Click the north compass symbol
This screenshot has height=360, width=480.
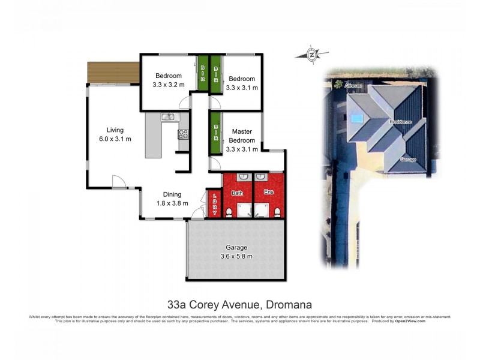pos(312,55)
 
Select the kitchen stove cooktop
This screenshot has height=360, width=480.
pos(184,134)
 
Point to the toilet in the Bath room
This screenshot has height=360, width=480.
pos(229,212)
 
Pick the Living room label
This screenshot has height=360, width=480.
pos(115,130)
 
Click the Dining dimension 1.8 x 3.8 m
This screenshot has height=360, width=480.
pos(172,203)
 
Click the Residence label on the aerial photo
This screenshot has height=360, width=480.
pos(401,122)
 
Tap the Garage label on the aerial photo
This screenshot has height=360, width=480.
pos(408,160)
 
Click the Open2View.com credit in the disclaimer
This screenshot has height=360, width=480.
pos(410,321)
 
